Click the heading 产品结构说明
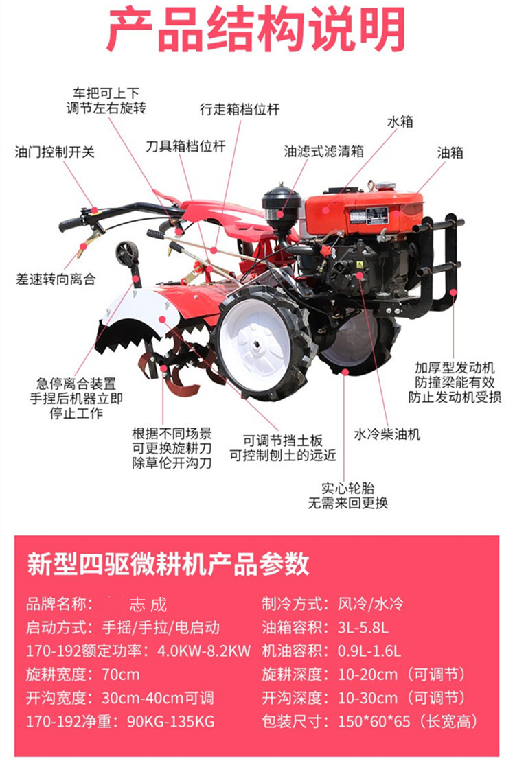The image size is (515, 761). [256, 29]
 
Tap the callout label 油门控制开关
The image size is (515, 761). [54, 152]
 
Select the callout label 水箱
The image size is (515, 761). [400, 121]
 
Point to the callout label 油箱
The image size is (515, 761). [450, 152]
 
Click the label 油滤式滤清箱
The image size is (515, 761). [323, 152]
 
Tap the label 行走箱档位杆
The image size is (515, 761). [240, 109]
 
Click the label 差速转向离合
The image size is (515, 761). [56, 279]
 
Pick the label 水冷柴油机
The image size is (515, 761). [387, 434]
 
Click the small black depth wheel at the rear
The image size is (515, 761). [127, 253]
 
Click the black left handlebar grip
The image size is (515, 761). [71, 224]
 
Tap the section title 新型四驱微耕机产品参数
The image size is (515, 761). [168, 564]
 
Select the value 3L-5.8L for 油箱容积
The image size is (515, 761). [363, 628]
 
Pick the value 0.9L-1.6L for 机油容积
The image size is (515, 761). [369, 651]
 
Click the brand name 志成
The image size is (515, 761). [148, 605]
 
